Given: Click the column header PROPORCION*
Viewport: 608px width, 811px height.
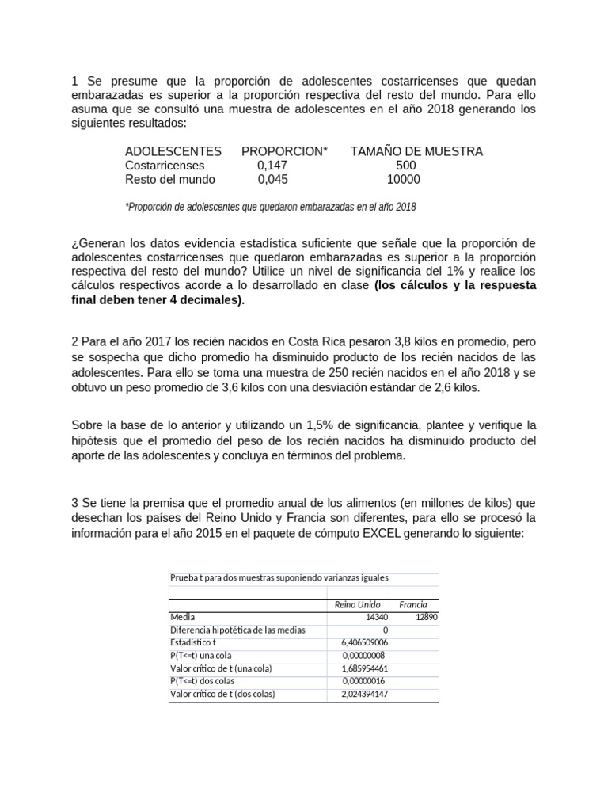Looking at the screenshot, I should pos(284,151).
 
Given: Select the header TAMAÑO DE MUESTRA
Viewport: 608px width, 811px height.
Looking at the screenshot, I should pos(416,151).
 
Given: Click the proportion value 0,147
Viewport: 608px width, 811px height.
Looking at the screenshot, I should pos(272,166).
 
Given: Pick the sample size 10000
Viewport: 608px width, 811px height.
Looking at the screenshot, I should pos(403,180).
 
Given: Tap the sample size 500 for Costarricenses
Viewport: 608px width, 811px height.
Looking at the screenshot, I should pos(405,166).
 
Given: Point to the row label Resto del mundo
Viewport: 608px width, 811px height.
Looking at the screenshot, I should pos(170,180).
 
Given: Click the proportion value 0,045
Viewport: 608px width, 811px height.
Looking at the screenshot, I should pos(272,180).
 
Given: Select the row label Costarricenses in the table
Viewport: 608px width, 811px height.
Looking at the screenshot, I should pos(165,166).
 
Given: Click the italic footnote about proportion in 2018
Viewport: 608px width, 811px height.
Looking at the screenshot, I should pos(270,207).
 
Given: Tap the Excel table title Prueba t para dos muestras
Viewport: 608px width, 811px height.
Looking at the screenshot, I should pos(279,577).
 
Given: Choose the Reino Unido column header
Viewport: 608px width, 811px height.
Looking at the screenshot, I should pos(358,605).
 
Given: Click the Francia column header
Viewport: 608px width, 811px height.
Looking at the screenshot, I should pos(413,605).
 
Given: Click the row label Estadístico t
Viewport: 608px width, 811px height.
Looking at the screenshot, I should pos(192,642).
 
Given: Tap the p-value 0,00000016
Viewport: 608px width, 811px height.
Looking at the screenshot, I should pos(364,681).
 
